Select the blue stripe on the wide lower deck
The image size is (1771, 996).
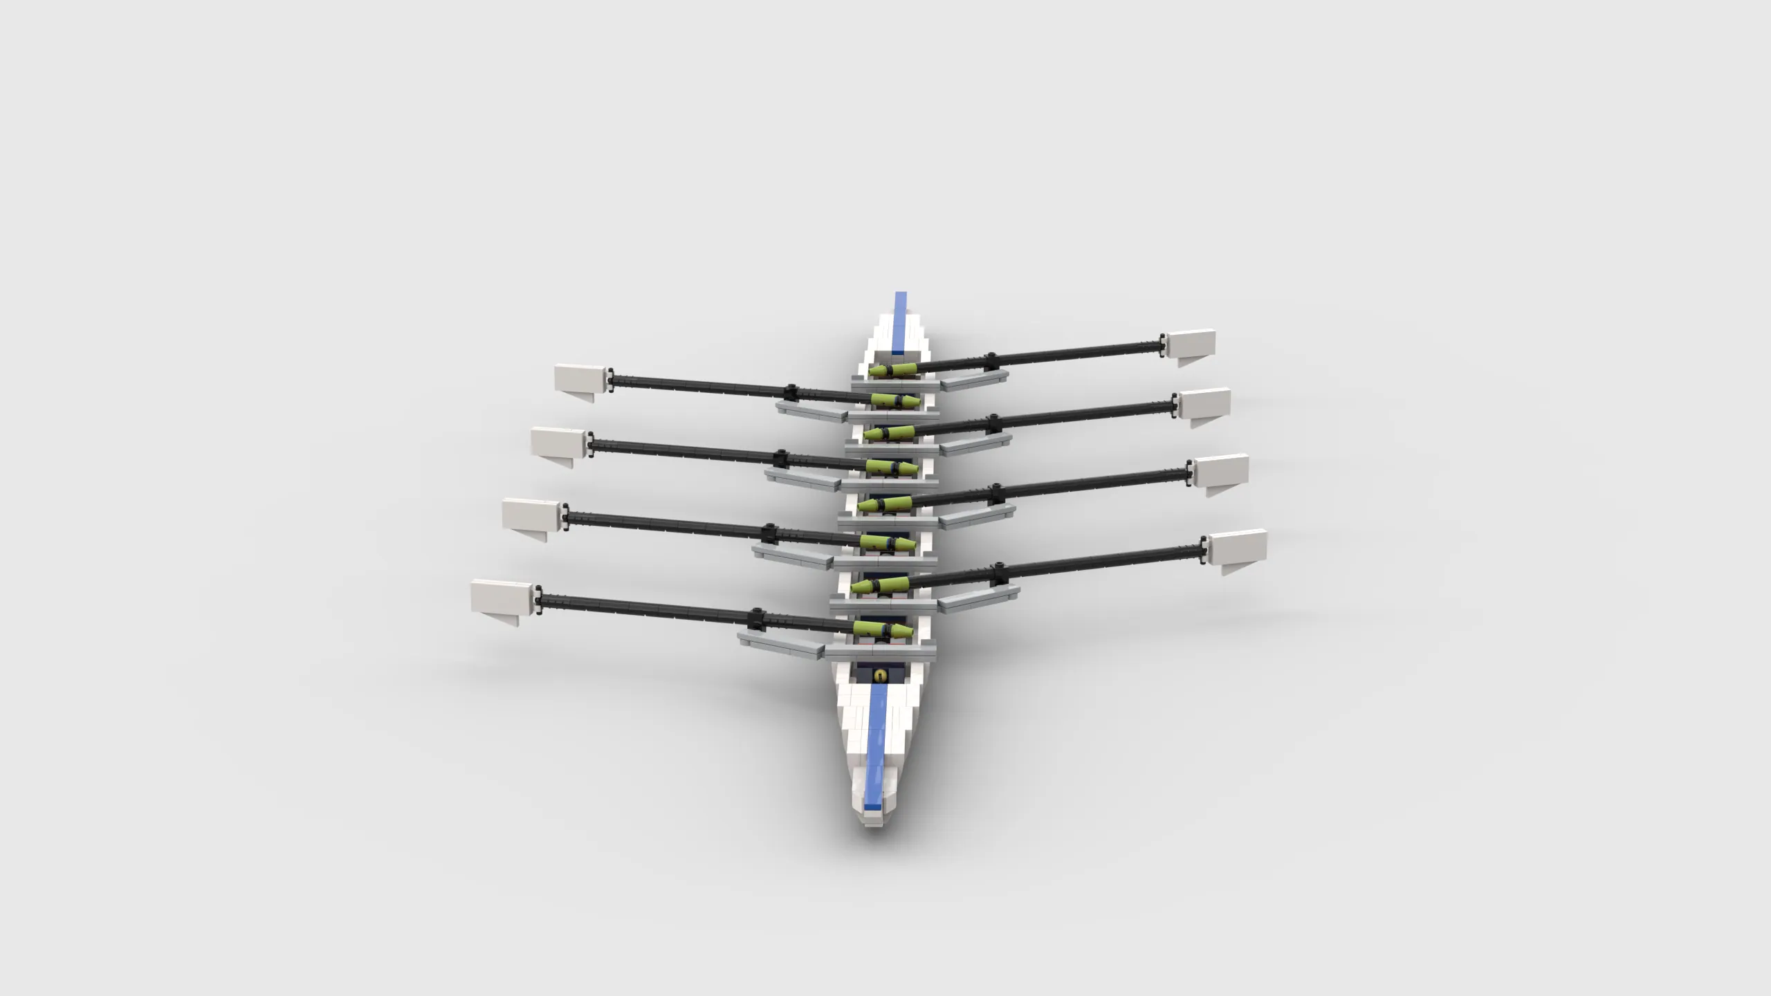click(877, 754)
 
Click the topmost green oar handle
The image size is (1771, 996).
click(892, 371)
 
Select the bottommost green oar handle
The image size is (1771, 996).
click(883, 629)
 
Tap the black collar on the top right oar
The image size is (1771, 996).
click(991, 359)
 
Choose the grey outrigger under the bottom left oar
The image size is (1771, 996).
click(782, 643)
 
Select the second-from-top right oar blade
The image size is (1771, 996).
click(1204, 403)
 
